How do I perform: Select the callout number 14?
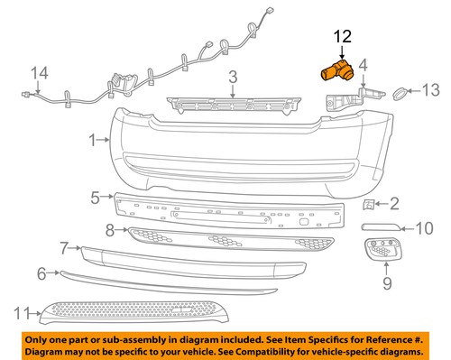(38, 73)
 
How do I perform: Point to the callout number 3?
(232, 78)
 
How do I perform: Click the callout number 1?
(92, 140)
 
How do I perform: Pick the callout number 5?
(96, 196)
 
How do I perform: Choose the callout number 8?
(109, 230)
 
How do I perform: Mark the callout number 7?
(64, 247)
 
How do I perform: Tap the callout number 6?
(41, 272)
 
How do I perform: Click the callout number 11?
(23, 313)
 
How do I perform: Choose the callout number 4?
(364, 65)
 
